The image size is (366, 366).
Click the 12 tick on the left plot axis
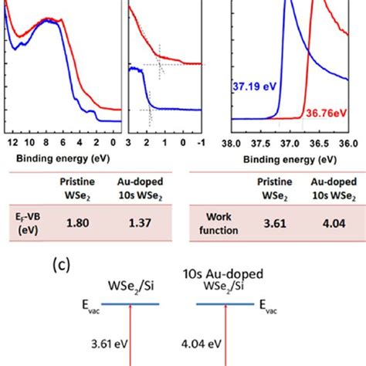click(x=10, y=143)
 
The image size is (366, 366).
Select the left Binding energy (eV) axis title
click(x=62, y=164)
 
